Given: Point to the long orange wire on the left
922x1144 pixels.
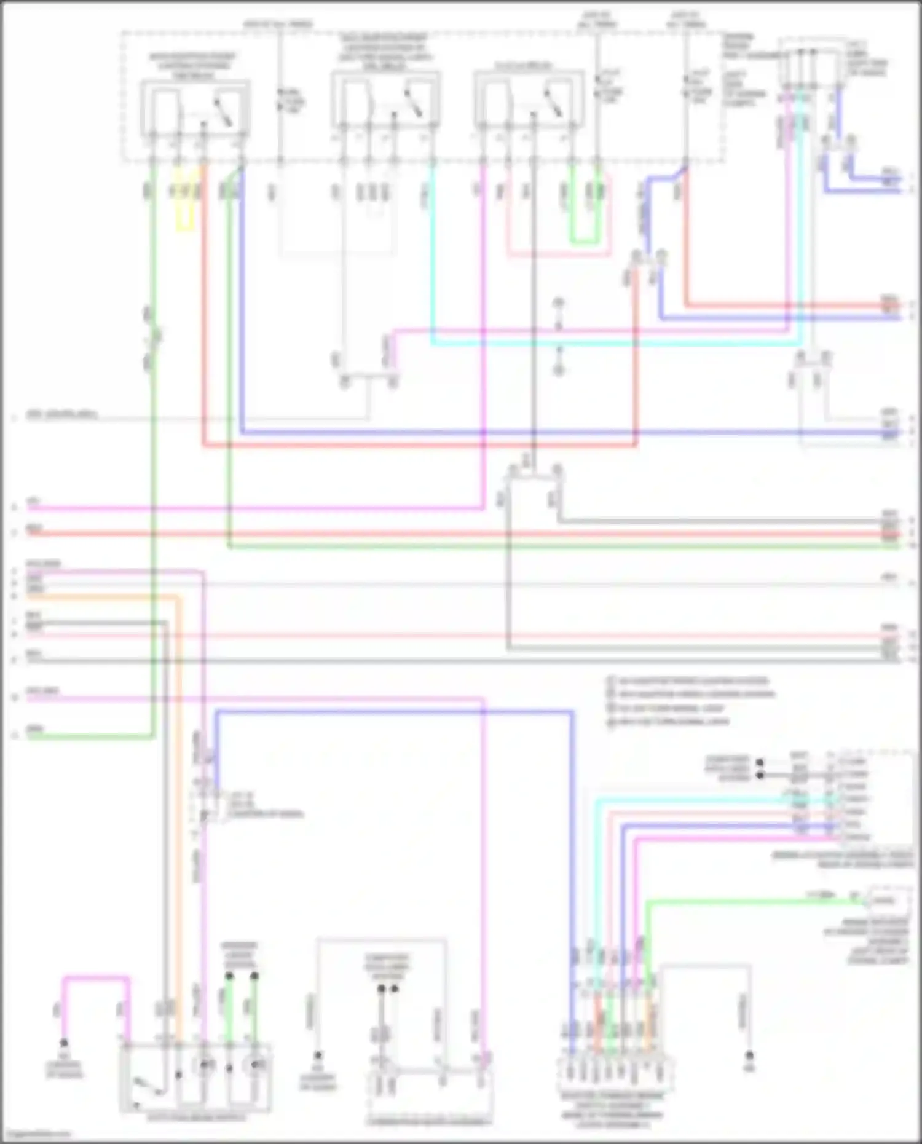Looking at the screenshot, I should click(179, 799).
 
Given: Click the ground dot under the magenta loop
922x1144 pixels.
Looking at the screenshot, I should click(63, 1043).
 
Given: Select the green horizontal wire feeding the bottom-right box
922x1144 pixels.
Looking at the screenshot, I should click(738, 901).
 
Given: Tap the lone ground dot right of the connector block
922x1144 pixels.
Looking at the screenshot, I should click(749, 1055).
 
